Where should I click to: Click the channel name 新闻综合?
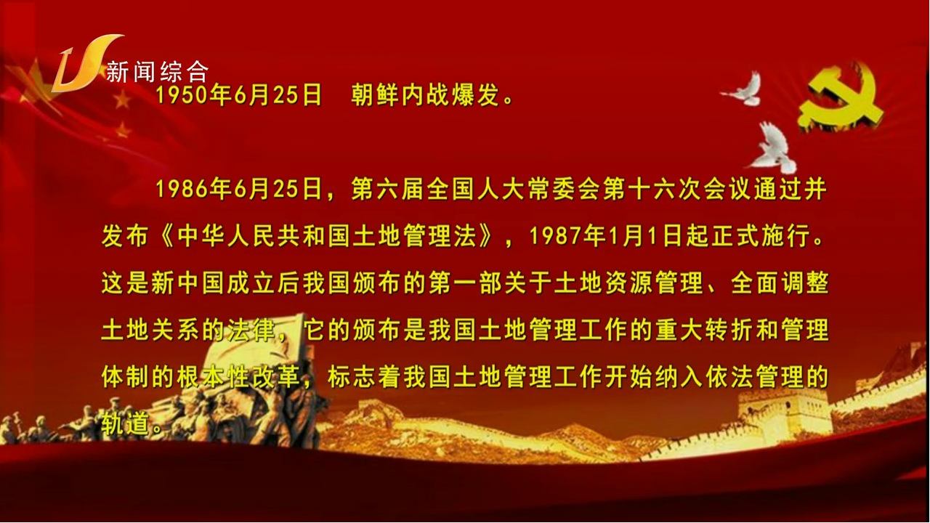(x=158, y=72)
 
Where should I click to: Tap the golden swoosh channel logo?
(x=86, y=63)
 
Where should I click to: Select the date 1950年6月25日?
(x=238, y=95)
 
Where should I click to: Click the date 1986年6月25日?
(x=238, y=190)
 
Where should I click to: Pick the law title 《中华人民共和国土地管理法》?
(x=327, y=236)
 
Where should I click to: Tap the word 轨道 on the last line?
(x=126, y=424)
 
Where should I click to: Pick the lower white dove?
(x=773, y=147)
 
